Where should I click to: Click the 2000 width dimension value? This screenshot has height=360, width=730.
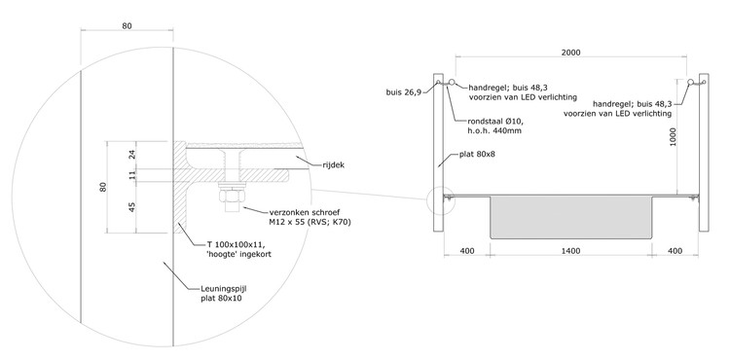(570, 53)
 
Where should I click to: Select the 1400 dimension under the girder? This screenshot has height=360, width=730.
(570, 251)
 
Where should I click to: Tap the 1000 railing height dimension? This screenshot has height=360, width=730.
(675, 137)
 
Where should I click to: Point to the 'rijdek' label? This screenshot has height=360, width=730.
(333, 164)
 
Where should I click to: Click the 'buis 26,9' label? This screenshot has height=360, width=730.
(404, 92)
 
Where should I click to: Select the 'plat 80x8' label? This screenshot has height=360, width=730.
(477, 154)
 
